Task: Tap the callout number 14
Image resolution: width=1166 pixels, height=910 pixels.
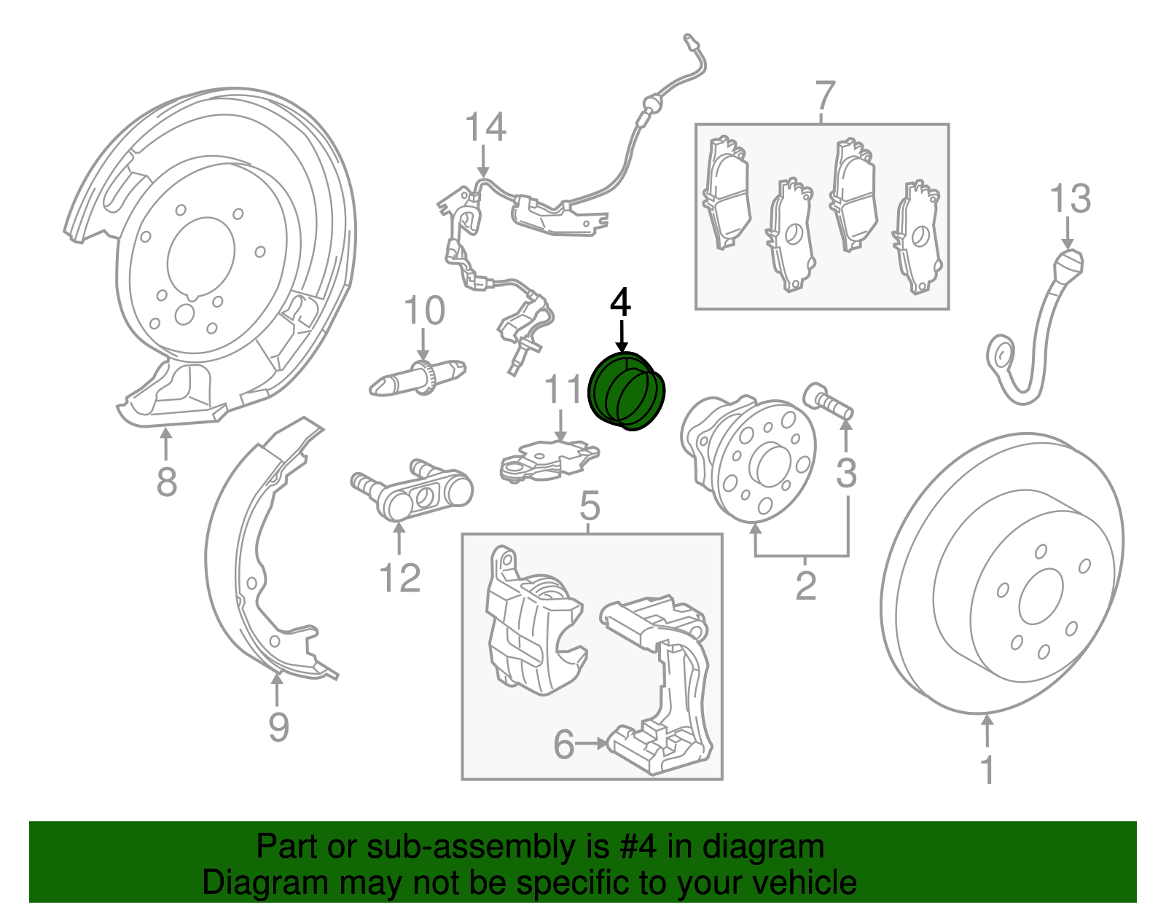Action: tap(485, 128)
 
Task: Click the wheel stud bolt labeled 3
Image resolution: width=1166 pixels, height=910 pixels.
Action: tap(829, 400)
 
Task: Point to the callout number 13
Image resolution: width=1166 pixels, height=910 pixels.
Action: tap(1070, 199)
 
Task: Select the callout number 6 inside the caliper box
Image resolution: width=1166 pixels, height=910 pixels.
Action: tap(564, 744)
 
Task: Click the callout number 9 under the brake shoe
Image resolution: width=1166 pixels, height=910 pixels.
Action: tap(278, 726)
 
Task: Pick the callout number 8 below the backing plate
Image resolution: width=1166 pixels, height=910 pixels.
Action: tap(166, 482)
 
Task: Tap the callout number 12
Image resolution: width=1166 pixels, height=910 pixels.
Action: tap(400, 578)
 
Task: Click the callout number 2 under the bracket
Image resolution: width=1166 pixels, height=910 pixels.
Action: tap(805, 586)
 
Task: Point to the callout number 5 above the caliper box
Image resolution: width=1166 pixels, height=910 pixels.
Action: tap(590, 506)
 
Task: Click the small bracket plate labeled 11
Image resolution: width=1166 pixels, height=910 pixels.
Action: tap(547, 460)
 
